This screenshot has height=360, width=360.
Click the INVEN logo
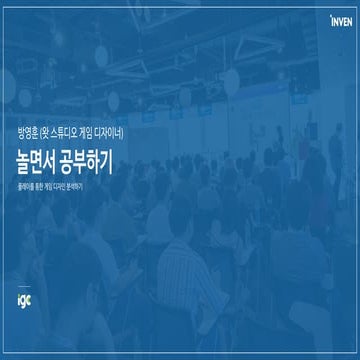point(341,18)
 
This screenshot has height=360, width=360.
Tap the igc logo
point(21,297)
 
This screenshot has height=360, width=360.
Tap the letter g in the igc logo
point(21,298)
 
